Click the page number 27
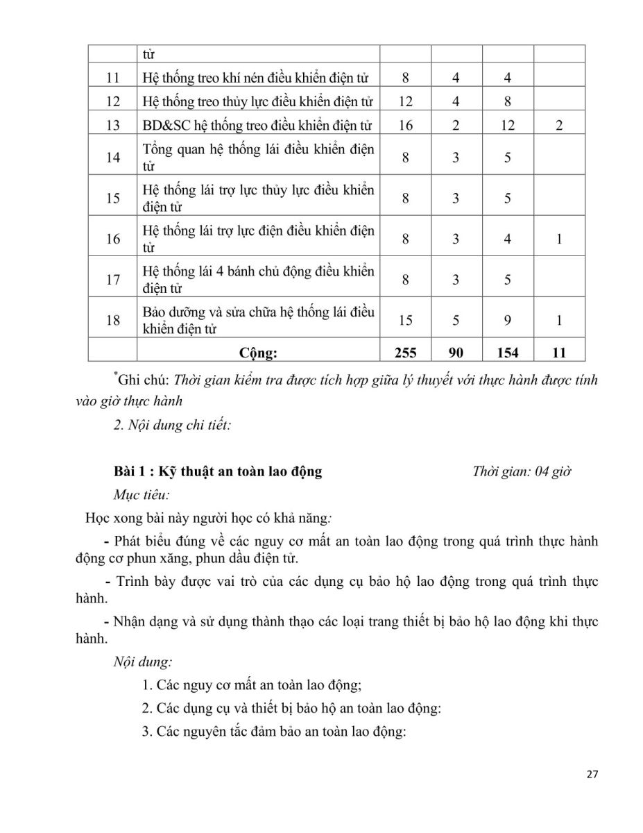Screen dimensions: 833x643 [592, 775]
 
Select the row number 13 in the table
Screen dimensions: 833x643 [113, 125]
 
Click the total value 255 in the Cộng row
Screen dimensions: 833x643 [405, 353]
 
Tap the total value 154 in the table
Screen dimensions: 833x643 [508, 353]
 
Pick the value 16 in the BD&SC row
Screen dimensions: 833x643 [405, 125]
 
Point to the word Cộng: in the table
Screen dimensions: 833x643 [258, 353]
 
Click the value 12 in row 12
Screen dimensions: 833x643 [405, 101]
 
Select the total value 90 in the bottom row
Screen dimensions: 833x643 [456, 353]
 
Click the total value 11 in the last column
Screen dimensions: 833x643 [559, 353]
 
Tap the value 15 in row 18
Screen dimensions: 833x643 [405, 320]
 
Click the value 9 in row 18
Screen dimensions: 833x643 [508, 320]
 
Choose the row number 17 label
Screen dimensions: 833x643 [113, 280]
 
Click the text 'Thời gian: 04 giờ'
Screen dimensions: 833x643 [521, 471]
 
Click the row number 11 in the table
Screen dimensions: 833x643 [113, 78]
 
